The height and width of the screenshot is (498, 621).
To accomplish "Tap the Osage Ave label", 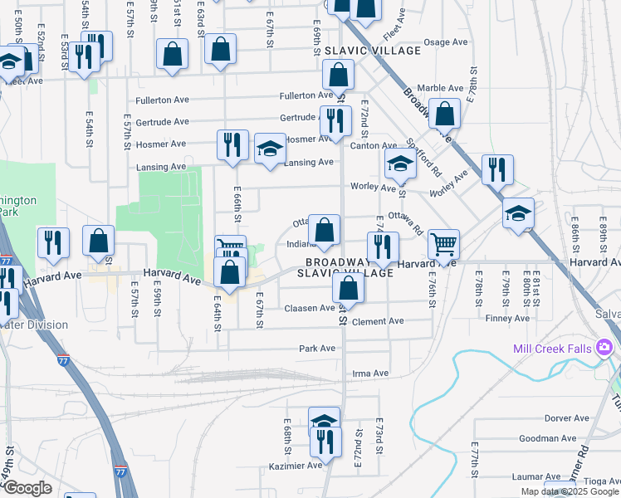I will click(447, 42).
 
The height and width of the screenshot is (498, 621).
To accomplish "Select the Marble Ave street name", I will click(440, 88).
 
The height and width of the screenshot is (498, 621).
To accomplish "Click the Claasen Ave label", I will click(310, 308).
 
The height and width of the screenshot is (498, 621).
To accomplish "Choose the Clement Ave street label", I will click(377, 321).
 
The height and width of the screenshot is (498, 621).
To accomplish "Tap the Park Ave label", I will click(317, 349).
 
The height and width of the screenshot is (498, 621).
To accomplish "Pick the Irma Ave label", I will click(370, 373).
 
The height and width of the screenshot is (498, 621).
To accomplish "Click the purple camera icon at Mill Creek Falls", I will click(605, 347).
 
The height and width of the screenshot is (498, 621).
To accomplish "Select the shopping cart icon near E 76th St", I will click(444, 244).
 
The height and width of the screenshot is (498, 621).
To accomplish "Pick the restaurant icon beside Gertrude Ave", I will click(335, 120).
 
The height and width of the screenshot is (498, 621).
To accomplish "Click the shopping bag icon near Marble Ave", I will click(445, 115).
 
